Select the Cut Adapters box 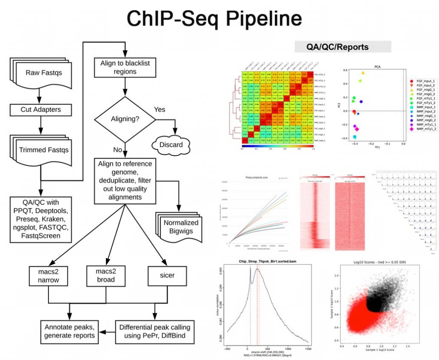[41, 110]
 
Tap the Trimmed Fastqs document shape [43, 150]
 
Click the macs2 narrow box [48, 276]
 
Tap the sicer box [168, 275]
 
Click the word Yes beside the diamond [159, 109]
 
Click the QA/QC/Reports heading [343, 47]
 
